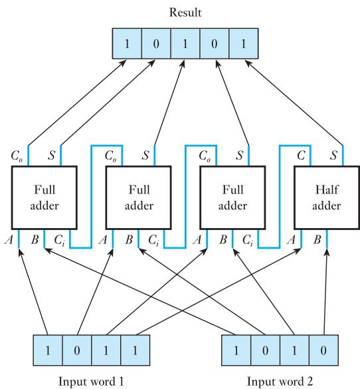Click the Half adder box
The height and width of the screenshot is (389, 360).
327,197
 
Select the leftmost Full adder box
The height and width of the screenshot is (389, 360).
45,197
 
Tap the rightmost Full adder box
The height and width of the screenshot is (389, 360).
232,197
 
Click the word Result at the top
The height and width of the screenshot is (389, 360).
185,13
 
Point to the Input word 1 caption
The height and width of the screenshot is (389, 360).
91,381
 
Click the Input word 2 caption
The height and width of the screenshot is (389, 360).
280,381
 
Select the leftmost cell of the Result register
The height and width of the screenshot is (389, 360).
127,43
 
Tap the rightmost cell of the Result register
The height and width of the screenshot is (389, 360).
244,43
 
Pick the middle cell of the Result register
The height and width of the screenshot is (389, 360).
185,43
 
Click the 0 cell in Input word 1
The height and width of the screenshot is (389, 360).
77,350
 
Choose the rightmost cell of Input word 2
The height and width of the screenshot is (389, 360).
323,350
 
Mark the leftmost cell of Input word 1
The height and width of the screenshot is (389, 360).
48,350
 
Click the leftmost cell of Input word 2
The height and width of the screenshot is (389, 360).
236,350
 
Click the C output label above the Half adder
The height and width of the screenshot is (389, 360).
301,156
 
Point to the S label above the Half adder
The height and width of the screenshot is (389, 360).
333,156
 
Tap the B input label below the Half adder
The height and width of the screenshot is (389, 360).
317,240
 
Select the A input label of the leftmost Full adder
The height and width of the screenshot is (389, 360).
9,240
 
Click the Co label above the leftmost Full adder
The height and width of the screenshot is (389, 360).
17,156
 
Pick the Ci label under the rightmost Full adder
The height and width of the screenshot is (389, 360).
248,241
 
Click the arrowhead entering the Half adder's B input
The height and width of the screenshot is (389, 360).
327,252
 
